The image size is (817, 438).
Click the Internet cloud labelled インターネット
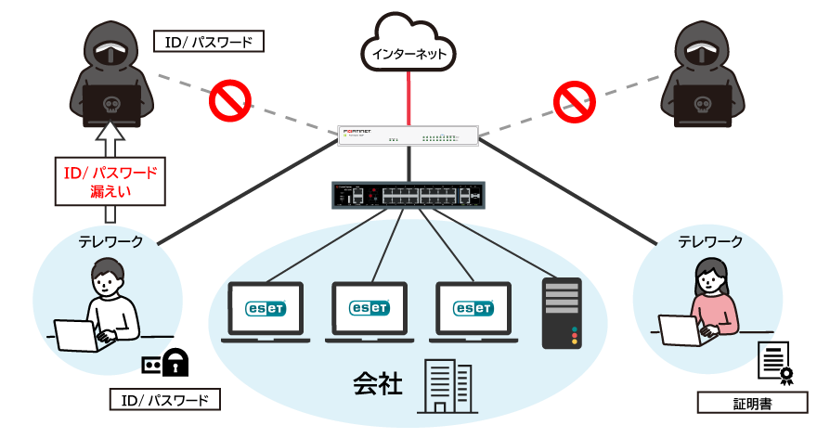tap(408, 46)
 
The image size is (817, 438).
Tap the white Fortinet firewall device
tap(408, 135)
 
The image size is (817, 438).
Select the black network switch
tap(408, 195)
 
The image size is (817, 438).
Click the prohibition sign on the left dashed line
tap(228, 100)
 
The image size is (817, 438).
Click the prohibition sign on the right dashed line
tap(575, 100)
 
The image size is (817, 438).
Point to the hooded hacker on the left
tap(110, 74)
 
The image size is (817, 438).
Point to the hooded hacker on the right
tap(703, 74)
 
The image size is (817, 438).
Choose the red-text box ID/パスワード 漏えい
tap(110, 181)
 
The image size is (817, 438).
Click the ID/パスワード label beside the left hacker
tap(209, 42)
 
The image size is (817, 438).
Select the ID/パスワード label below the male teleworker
tap(165, 400)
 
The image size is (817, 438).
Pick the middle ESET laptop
tap(370, 311)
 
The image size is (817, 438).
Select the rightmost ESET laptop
tap(474, 311)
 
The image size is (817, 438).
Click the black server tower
tap(562, 313)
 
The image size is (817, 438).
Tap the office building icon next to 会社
tap(447, 386)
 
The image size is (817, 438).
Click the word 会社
tap(377, 383)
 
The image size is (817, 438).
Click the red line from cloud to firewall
tap(408, 97)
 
